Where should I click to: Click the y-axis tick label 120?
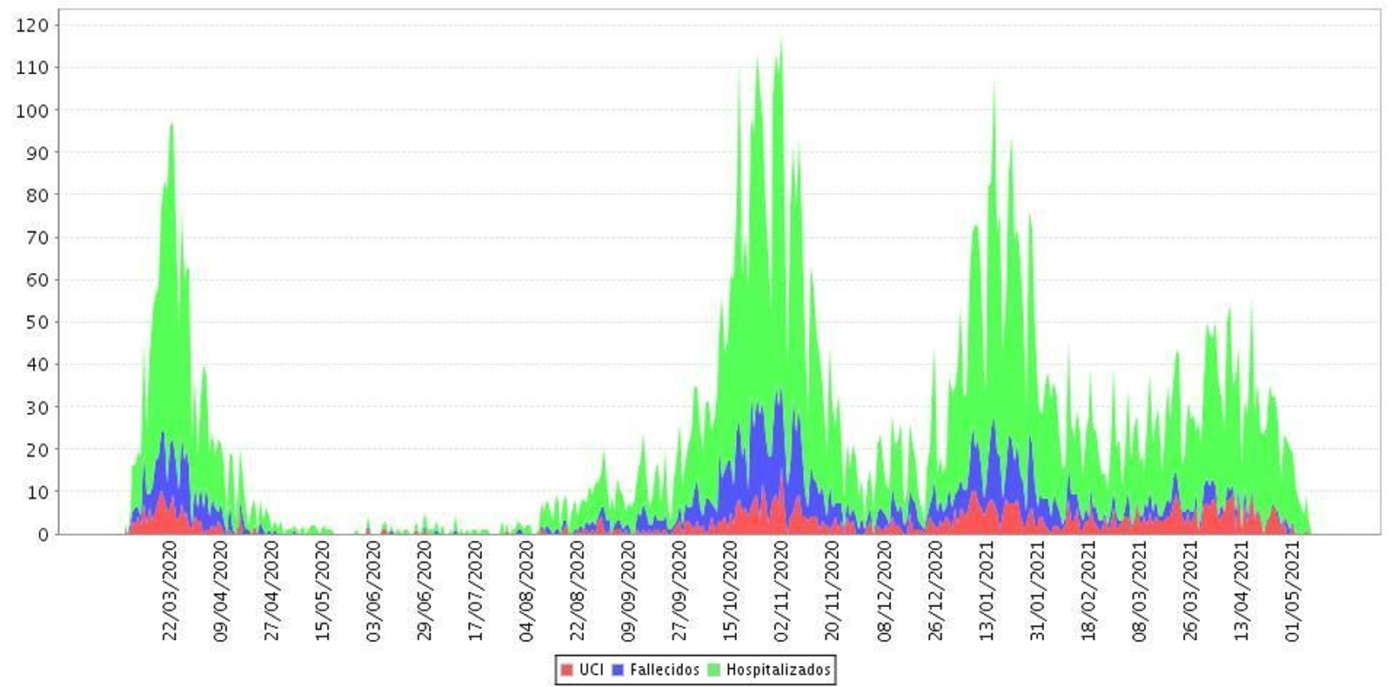[x=32, y=25]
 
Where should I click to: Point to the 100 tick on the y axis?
[x=32, y=110]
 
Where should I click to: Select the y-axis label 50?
[x=37, y=323]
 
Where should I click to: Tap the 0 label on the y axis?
[x=43, y=535]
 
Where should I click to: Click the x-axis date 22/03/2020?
[x=170, y=590]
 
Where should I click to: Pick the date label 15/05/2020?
[x=323, y=590]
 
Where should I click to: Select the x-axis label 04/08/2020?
[x=526, y=590]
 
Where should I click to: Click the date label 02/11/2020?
[x=781, y=590]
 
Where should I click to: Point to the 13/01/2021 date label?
[x=986, y=590]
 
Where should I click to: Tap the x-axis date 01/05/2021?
[x=1292, y=590]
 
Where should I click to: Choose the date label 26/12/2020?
[x=935, y=590]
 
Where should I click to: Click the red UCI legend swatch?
[x=567, y=670]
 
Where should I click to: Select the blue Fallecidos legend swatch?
[x=619, y=670]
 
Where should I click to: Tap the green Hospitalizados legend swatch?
[x=714, y=670]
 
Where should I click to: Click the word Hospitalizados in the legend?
[x=778, y=670]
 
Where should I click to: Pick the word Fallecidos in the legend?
[x=664, y=670]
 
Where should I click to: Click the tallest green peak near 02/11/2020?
[x=780, y=41]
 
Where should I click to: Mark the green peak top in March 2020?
[x=171, y=124]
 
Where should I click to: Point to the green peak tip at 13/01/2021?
[x=994, y=84]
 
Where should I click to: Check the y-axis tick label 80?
[x=37, y=196]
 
